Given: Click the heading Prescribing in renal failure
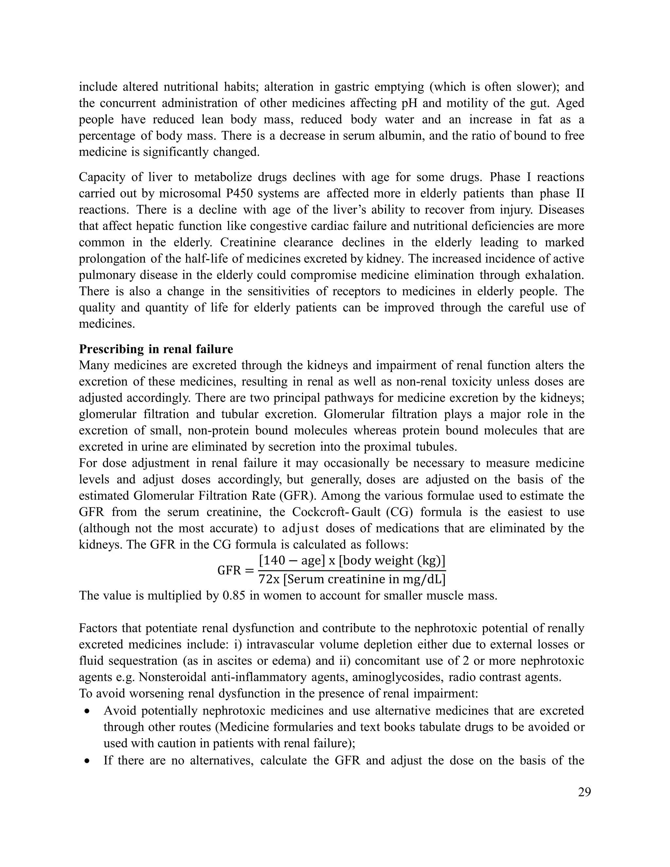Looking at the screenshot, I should point(156,349).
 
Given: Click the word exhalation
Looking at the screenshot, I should point(555,275).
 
